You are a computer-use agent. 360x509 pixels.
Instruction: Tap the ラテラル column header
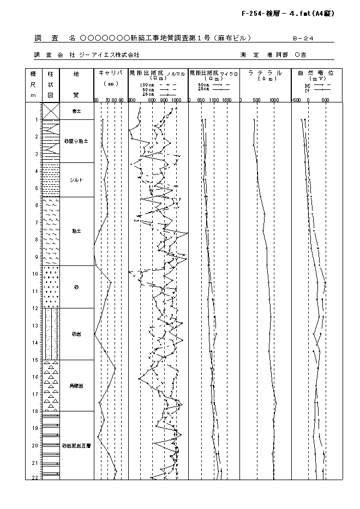coord(265,72)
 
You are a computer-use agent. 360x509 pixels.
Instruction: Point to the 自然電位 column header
coord(316,72)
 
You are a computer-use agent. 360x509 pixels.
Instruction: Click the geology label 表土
coord(76,111)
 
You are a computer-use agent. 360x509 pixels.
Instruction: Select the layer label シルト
coord(76,180)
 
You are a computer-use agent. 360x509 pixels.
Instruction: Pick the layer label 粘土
coord(76,231)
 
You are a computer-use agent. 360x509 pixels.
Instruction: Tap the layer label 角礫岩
coord(76,386)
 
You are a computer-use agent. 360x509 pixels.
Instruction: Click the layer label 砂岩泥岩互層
coord(76,445)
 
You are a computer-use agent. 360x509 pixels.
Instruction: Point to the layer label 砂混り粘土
coord(76,141)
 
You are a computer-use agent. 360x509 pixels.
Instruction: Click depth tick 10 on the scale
coord(35,274)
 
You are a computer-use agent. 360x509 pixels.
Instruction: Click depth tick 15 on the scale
coord(35,360)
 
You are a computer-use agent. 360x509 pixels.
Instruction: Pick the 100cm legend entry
coord(148,86)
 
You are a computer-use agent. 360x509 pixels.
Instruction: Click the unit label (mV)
coord(316,78)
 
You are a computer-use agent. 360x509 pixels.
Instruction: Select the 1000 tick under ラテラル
coord(274,100)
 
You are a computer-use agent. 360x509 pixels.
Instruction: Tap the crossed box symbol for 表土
coord(51,111)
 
